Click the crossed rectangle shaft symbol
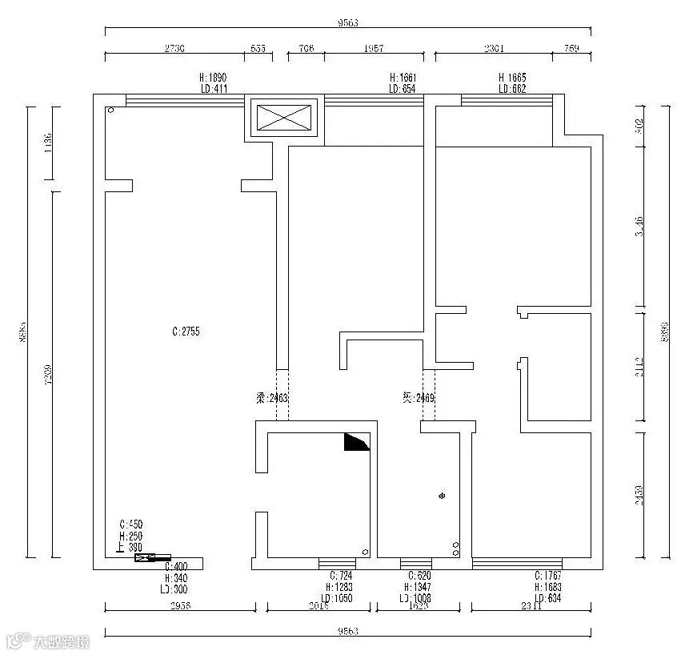286,119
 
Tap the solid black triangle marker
356,443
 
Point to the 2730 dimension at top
174,48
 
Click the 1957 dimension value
374,48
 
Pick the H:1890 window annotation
214,78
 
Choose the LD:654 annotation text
402,89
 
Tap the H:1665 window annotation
512,78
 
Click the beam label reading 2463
267,397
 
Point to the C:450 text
130,524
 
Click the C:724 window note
341,575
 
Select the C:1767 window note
549,575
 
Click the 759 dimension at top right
571,48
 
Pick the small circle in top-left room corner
111,110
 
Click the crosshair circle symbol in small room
442,496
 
